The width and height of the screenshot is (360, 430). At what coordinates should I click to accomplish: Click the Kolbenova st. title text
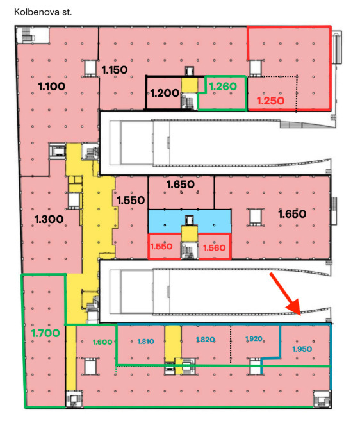click(43, 12)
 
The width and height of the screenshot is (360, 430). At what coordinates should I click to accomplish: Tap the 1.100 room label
click(51, 87)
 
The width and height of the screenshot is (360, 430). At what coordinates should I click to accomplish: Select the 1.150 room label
click(115, 70)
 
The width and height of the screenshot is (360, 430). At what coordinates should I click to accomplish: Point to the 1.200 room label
click(165, 93)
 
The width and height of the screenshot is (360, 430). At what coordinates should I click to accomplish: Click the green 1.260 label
click(223, 87)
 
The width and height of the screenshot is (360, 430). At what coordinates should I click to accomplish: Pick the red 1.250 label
click(270, 101)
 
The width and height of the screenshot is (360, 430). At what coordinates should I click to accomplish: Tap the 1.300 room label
click(49, 219)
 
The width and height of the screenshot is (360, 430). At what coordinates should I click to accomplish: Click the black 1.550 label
click(131, 200)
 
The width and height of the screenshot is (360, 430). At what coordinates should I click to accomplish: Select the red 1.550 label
click(161, 246)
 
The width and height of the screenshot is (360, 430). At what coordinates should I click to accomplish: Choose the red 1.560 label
click(214, 248)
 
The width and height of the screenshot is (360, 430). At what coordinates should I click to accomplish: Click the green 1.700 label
click(45, 333)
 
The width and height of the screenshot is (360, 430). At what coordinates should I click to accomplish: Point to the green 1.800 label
click(102, 342)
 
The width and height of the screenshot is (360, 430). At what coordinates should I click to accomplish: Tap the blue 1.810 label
click(145, 342)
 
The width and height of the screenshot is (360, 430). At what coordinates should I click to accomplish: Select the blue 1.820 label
click(206, 340)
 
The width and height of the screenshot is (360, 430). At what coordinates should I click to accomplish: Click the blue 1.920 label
click(254, 339)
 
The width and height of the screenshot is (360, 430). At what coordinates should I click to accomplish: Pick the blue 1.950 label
click(302, 349)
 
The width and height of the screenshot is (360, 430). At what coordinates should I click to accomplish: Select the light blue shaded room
click(189, 220)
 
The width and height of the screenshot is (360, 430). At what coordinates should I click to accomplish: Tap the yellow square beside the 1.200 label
click(189, 85)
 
